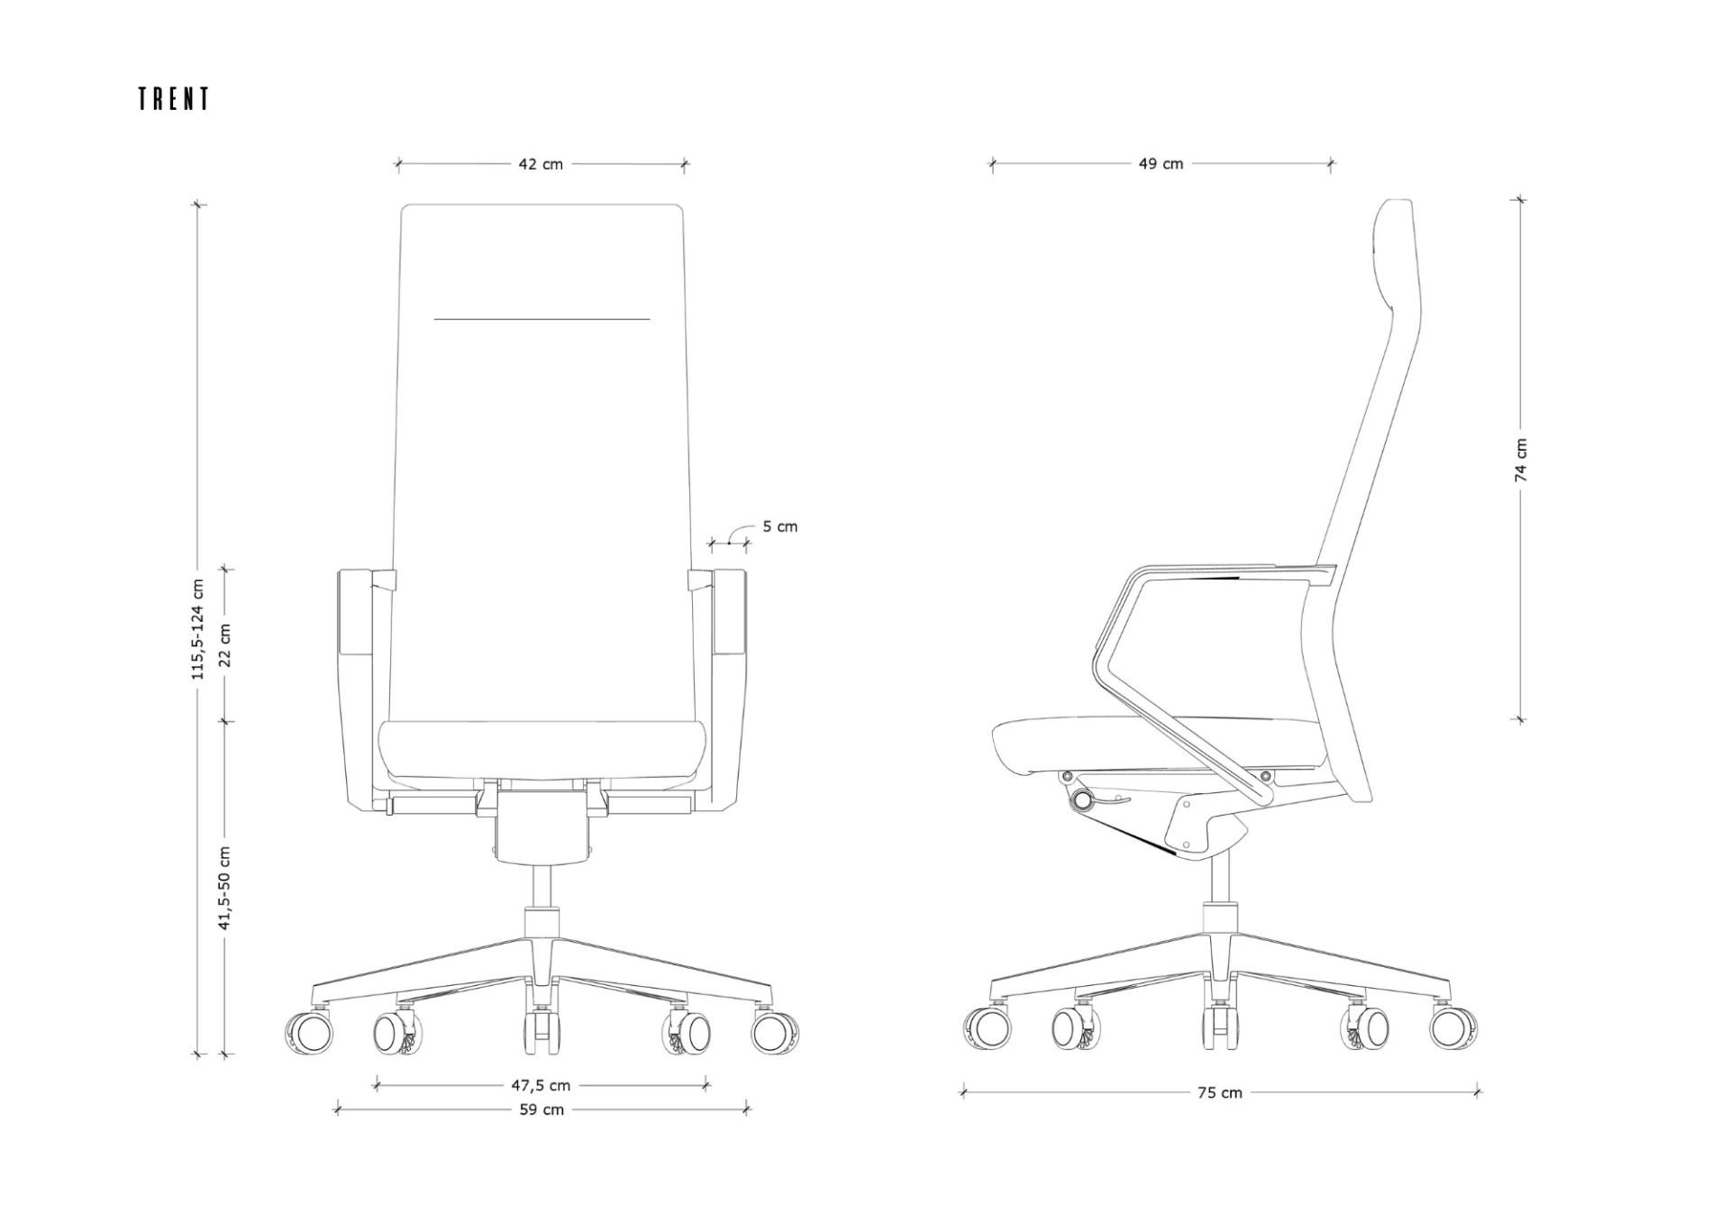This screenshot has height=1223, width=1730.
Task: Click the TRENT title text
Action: point(174,99)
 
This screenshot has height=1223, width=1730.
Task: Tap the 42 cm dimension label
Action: point(541,164)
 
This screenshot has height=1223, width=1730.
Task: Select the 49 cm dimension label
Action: point(1161,163)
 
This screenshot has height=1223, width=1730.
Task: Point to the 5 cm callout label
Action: point(779,526)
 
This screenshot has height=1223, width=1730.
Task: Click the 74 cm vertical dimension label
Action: point(1521,460)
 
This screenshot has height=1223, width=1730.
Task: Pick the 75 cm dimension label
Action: point(1220,1092)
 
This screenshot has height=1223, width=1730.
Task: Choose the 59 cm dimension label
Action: point(542,1109)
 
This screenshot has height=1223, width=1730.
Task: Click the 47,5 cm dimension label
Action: point(542,1085)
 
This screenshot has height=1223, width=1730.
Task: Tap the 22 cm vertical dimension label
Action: point(225,645)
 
